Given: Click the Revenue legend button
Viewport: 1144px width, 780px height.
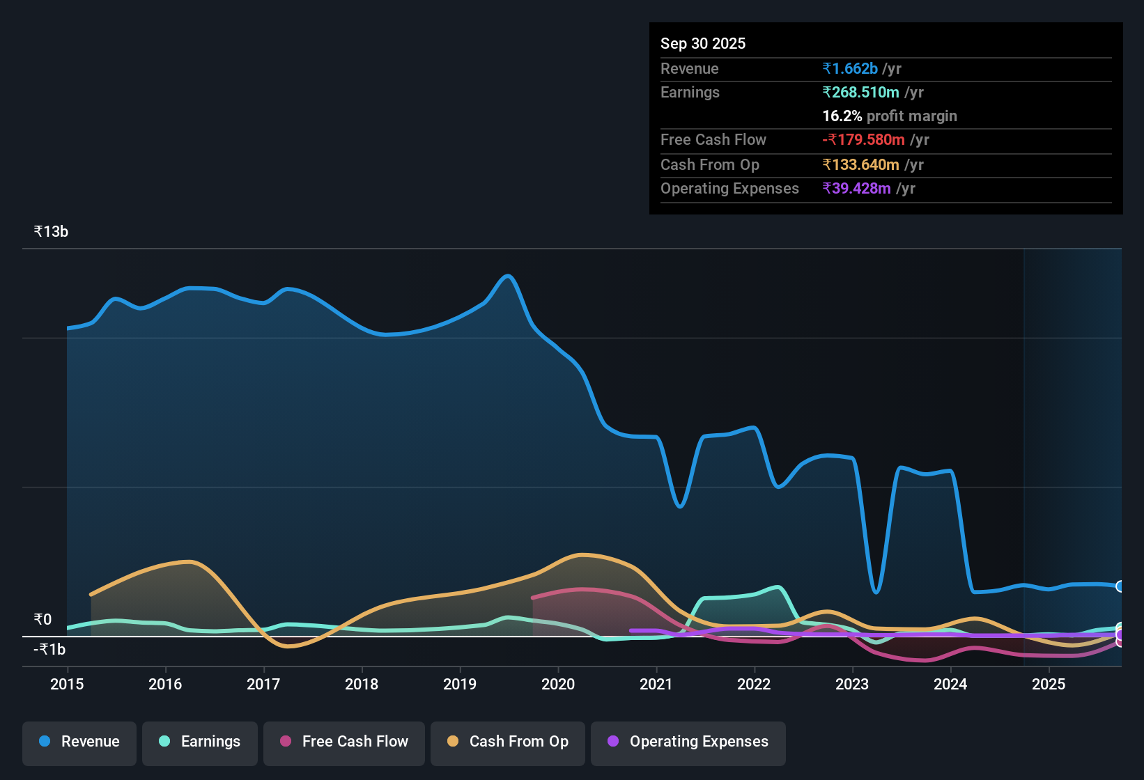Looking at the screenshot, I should coord(79,742).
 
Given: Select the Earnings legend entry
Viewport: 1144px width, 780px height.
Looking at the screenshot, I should coord(200,742).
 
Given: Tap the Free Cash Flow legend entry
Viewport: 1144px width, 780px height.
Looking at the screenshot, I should coord(344,742).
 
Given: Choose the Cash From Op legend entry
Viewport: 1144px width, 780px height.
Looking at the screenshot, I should coord(508,742).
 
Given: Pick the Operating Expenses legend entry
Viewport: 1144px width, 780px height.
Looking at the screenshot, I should coord(688,742).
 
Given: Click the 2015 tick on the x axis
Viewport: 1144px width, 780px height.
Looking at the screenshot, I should coord(67,684).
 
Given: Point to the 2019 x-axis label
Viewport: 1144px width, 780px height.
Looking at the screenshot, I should coord(460,684).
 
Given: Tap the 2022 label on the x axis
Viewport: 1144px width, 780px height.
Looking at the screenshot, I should coord(754,684).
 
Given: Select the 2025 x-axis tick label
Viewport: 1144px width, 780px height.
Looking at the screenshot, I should coord(1049,684).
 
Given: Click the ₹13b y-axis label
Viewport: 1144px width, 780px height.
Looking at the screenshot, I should coord(51,232).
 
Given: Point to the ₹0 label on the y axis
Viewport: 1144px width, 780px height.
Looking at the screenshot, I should coord(42,619).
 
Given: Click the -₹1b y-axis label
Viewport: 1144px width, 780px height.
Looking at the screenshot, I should coord(49,649).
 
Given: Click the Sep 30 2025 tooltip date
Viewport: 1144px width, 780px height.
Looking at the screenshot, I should coord(702,43).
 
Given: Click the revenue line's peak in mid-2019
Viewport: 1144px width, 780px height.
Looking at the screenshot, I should coord(509,276).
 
